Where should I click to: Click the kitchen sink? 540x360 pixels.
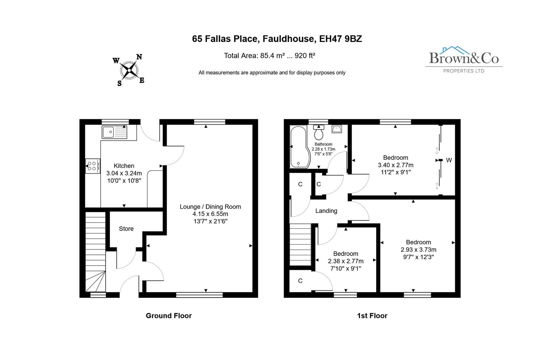(115, 132)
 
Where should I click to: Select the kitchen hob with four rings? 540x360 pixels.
(92, 166)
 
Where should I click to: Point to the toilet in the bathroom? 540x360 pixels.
(319, 133)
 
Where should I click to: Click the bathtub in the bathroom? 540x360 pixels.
(299, 147)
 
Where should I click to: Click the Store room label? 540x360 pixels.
(126, 229)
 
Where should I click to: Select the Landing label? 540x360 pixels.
(326, 211)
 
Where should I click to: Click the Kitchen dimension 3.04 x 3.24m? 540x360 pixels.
(124, 173)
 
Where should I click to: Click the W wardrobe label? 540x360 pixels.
(449, 160)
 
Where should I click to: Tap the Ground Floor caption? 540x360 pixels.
(169, 316)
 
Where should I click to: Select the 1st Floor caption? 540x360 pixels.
(372, 316)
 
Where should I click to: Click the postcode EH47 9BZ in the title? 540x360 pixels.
(340, 39)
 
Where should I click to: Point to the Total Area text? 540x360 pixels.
(269, 56)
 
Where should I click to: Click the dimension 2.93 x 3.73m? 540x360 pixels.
(418, 250)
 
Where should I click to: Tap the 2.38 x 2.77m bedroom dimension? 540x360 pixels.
(346, 261)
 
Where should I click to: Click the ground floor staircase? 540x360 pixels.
(96, 253)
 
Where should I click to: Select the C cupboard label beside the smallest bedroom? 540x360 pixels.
(300, 281)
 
